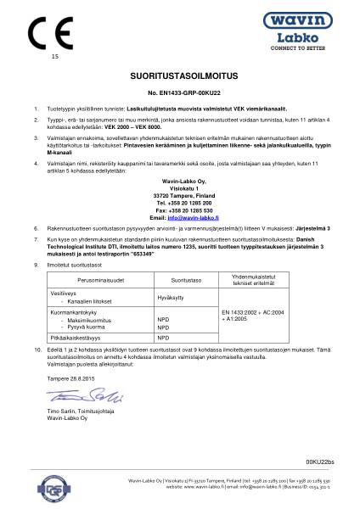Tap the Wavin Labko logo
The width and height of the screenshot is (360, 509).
[x=307, y=31]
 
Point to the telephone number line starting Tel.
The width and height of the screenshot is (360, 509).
[x=179, y=203]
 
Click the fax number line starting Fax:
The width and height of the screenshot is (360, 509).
[x=179, y=210]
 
